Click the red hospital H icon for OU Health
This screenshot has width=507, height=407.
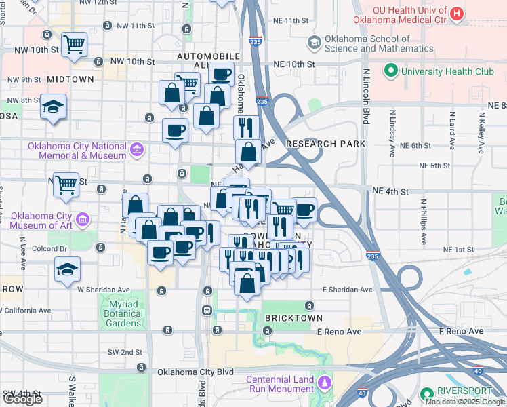pos(458,12)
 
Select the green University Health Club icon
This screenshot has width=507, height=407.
pos(391,71)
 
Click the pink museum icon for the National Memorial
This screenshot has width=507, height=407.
pos(137,149)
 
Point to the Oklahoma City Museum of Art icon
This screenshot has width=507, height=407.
pos(83,219)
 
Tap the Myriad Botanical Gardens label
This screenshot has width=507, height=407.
pos(123,313)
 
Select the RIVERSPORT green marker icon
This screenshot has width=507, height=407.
pos(426,393)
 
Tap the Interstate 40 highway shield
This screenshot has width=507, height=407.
pos(479,370)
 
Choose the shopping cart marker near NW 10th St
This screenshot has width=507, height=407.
pos(74,44)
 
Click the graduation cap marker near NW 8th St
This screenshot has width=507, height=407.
pos(54,107)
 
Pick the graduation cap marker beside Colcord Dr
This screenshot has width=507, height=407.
pos(68,269)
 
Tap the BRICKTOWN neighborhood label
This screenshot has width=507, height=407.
pos(294,317)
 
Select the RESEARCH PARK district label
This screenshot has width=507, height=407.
pos(326,144)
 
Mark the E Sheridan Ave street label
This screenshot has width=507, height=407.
pos(348,290)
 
